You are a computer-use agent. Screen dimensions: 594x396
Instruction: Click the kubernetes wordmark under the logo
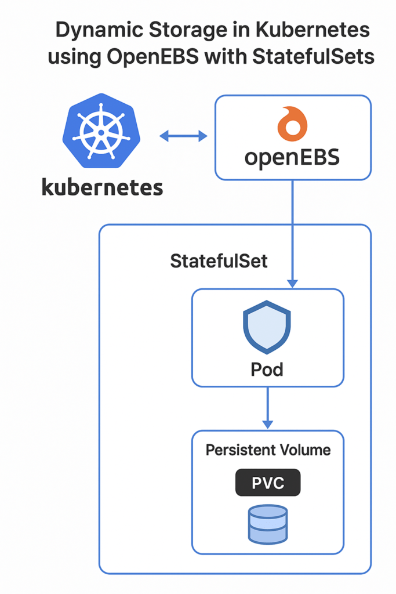tap(102, 187)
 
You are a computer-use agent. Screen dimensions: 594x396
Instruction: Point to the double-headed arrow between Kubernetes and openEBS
tap(183, 136)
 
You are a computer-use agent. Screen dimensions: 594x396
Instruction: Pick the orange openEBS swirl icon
tap(292, 124)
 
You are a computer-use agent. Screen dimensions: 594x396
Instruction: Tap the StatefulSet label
tap(219, 261)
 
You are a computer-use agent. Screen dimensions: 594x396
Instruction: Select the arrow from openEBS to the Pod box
tap(293, 232)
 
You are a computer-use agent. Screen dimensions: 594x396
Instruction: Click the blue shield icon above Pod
tap(267, 327)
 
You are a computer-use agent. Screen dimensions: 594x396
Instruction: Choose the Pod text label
tap(267, 369)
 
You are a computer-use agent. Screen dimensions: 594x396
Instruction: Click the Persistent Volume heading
tap(268, 450)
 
